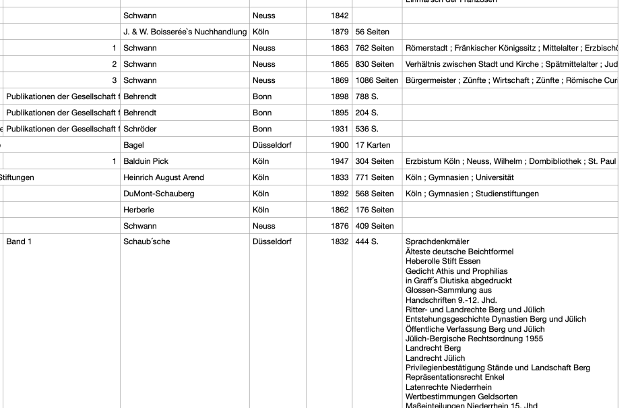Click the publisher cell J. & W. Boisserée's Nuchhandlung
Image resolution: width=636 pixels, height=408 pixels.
click(185, 32)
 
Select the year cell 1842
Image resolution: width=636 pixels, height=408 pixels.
click(339, 16)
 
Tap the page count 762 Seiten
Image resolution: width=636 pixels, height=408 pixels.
click(374, 48)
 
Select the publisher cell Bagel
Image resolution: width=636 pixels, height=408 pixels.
click(134, 145)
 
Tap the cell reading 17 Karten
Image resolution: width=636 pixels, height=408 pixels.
click(374, 145)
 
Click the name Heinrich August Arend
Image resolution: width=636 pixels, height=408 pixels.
click(164, 177)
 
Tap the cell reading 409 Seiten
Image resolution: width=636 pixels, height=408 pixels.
click(374, 226)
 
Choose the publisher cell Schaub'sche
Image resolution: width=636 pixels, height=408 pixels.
click(147, 241)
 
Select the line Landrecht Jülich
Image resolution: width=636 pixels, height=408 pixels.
click(435, 358)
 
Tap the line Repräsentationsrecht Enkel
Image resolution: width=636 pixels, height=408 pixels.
click(455, 378)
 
